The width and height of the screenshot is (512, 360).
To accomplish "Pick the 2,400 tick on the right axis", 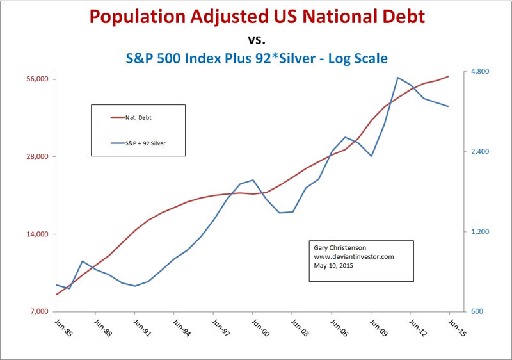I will point(478,152).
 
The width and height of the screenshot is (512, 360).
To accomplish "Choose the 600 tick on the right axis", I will point(475,312).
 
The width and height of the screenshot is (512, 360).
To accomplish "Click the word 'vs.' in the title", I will point(256,38).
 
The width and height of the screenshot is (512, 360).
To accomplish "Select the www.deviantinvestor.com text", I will point(353,256).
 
